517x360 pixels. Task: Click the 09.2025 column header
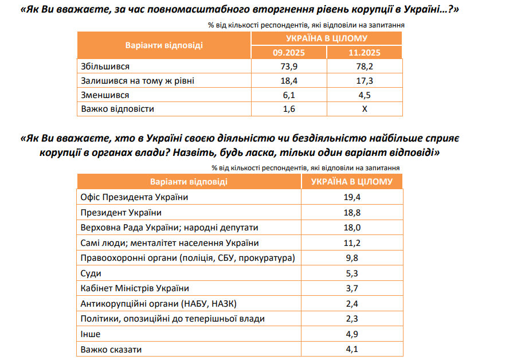point(288,53)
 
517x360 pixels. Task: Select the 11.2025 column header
point(364,53)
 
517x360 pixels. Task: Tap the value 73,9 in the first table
point(288,66)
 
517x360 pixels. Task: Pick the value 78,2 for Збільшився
point(364,66)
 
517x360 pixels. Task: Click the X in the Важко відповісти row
point(364,108)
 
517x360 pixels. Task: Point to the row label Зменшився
point(105,95)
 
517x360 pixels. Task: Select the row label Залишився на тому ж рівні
point(138,81)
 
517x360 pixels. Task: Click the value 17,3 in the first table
point(364,81)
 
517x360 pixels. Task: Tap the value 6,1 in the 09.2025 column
point(288,95)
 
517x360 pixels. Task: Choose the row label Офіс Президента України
point(135,197)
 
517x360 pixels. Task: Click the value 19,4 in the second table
point(352,197)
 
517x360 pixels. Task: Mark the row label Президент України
point(117,213)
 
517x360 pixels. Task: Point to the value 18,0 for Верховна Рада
point(352,228)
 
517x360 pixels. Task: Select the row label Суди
point(91,273)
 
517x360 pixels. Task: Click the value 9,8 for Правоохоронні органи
point(352,258)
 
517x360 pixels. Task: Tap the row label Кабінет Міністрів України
point(135,288)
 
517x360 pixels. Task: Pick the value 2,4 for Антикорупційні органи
point(352,304)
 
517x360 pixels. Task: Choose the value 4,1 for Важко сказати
point(352,349)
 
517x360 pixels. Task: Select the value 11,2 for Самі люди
point(352,243)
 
